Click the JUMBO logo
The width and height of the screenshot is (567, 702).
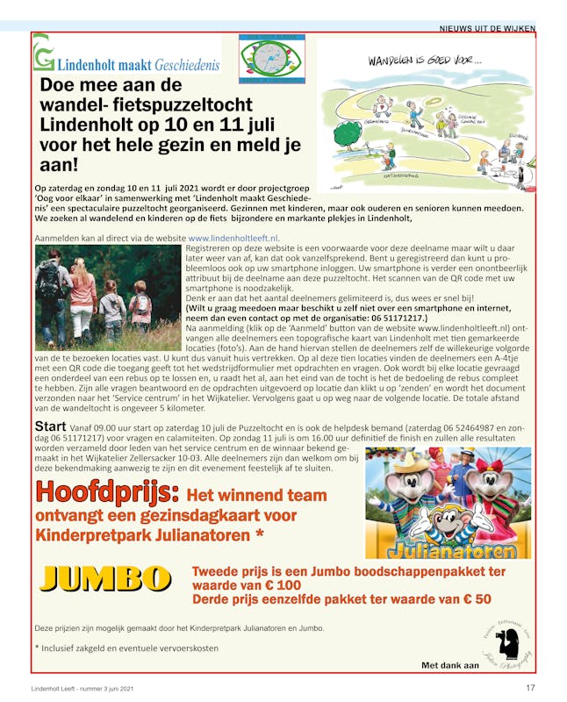click(105, 578)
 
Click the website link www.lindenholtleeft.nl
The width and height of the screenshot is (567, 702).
click(233, 238)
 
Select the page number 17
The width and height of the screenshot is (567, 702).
click(530, 687)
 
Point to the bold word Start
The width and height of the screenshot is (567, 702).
click(51, 426)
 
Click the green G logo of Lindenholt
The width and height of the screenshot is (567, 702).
click(43, 57)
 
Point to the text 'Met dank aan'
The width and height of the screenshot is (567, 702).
click(450, 666)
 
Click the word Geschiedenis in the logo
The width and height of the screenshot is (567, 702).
click(186, 66)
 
